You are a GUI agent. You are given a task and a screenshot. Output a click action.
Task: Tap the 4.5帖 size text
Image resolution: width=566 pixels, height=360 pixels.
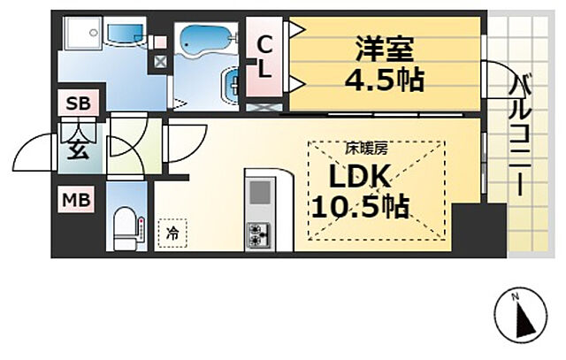[384, 80]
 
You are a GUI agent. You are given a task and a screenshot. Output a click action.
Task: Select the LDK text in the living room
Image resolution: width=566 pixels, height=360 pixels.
[359, 177]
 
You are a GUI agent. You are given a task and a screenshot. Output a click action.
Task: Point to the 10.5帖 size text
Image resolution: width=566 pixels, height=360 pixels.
[358, 207]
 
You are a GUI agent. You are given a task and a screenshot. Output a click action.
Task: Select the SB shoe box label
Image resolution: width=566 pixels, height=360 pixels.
[78, 103]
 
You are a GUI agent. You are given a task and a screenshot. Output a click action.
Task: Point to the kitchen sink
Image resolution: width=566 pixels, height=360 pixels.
[260, 193]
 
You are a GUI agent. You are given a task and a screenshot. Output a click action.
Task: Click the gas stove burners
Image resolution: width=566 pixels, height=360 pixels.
[260, 234]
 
